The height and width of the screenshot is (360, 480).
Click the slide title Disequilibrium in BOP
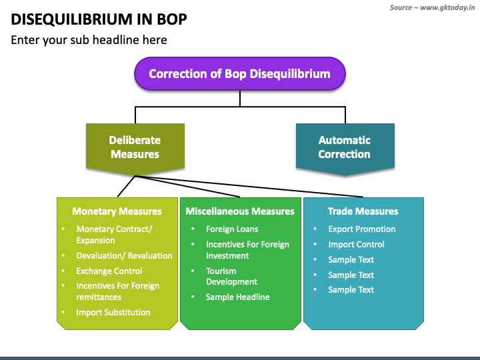pyautogui.click(x=99, y=19)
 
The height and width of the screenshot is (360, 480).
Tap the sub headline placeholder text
pyautogui.click(x=89, y=40)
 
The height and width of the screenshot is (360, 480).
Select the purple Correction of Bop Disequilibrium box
pyautogui.click(x=239, y=73)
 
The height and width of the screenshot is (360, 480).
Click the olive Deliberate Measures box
pyautogui.click(x=135, y=147)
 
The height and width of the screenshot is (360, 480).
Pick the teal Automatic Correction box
pyautogui.click(x=344, y=147)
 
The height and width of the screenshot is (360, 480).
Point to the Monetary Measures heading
pyautogui.click(x=117, y=211)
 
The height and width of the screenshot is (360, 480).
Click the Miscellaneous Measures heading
pyautogui.click(x=240, y=211)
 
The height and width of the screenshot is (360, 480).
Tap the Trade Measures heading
pyautogui.click(x=363, y=211)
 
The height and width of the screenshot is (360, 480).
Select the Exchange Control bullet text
pyautogui.click(x=109, y=271)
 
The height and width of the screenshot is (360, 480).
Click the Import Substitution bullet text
pyautogui.click(x=113, y=312)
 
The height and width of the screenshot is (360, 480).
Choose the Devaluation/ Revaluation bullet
pyautogui.click(x=124, y=255)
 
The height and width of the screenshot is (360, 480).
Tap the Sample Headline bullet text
pyautogui.click(x=237, y=297)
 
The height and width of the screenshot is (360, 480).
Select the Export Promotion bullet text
pyautogui.click(x=361, y=229)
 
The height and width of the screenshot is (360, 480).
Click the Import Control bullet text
pyautogui.click(x=356, y=244)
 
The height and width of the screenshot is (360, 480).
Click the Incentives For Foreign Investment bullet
pyautogui.click(x=247, y=250)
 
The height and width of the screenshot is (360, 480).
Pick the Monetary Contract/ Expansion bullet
pyautogui.click(x=114, y=235)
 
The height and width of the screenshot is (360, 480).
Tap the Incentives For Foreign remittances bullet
pyautogui.click(x=117, y=291)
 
